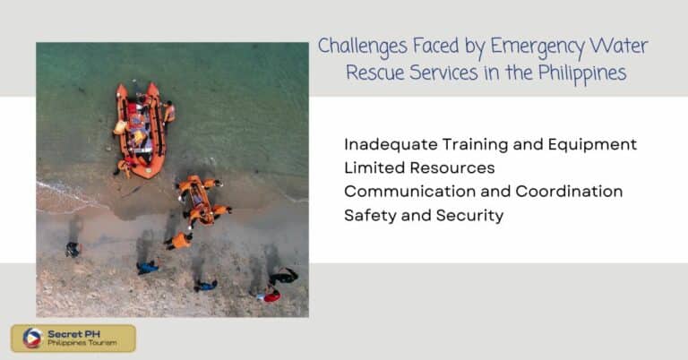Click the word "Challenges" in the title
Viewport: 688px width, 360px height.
point(358,46)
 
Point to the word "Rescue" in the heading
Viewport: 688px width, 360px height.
point(376,73)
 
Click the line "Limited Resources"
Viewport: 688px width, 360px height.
point(419,167)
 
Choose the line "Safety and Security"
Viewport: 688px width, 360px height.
point(424,215)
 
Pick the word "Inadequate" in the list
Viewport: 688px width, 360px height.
point(387,144)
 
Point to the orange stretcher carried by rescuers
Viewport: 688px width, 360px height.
point(200,200)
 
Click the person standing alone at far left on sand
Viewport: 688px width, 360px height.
point(73,249)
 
